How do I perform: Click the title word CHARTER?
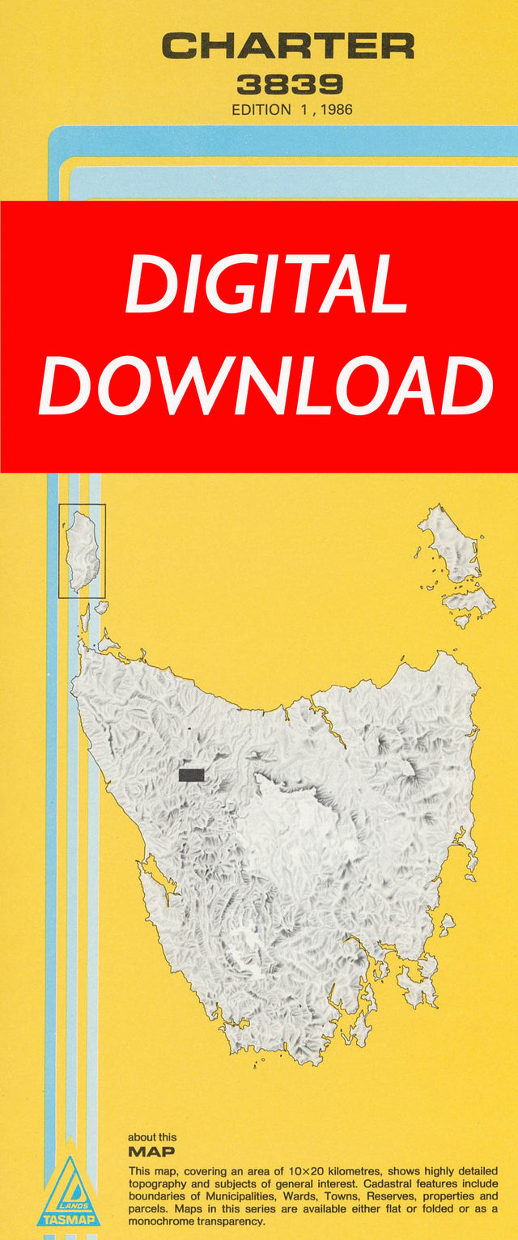(288, 46)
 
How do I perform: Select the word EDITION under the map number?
(261, 109)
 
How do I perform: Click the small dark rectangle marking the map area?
(191, 775)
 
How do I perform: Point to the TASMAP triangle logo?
(69, 1191)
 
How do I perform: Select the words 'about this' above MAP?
(152, 1137)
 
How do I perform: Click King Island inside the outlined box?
(81, 550)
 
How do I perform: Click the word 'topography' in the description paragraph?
(159, 1184)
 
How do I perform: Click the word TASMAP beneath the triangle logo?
(69, 1219)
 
